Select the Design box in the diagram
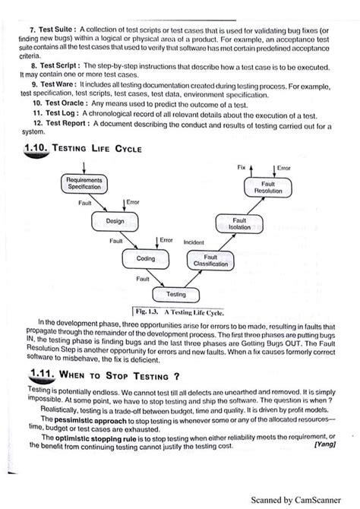point(115,222)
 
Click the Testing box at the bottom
point(175,293)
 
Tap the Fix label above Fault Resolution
point(242,166)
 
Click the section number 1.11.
point(36,375)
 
